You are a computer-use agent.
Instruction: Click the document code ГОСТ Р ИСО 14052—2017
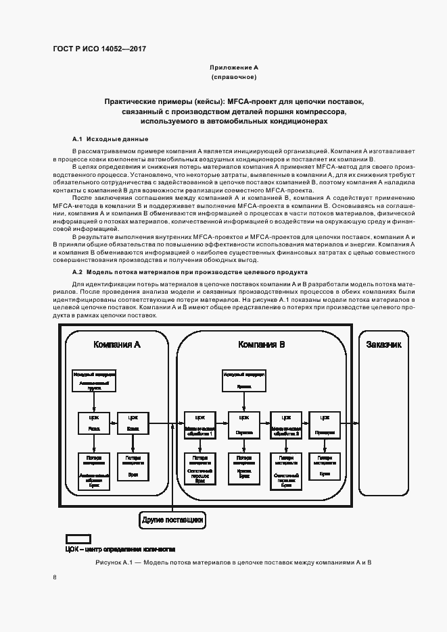point(99,49)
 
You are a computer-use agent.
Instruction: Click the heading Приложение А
point(233,68)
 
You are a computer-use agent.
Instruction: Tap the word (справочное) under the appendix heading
point(233,78)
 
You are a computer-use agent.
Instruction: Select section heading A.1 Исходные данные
point(101,139)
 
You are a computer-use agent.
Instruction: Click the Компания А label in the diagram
point(117,344)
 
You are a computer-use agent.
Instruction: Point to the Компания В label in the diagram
point(261,344)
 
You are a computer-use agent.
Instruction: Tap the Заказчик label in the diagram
point(383,344)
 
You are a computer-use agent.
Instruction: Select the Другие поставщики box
point(172,520)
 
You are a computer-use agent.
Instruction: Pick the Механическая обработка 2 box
point(285,425)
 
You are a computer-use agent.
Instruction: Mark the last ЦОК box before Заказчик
point(325,425)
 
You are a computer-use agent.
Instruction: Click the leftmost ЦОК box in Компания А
point(94,425)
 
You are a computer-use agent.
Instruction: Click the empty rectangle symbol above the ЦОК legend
point(77,538)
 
